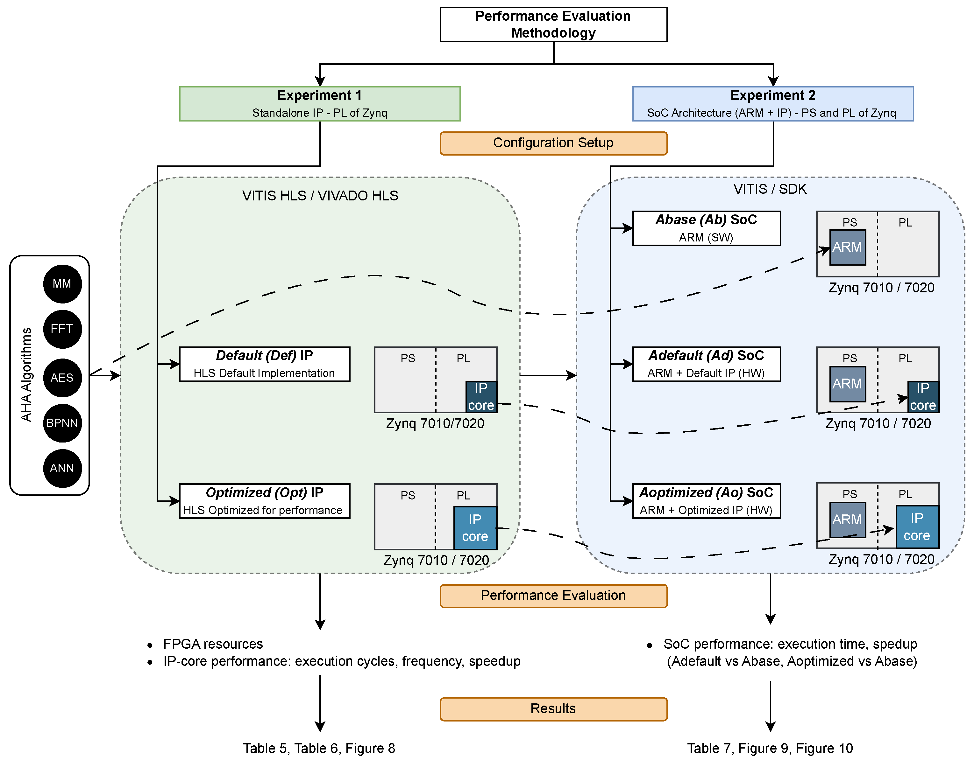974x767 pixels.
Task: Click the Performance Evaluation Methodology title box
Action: click(553, 25)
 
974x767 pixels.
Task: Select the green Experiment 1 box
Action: click(320, 104)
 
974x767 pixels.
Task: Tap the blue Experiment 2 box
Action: click(773, 104)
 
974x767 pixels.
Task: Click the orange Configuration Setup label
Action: click(553, 143)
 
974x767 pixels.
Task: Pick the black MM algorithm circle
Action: click(62, 284)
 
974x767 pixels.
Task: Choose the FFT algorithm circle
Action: click(62, 329)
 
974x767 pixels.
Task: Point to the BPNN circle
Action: click(62, 423)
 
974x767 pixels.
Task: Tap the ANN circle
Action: click(62, 468)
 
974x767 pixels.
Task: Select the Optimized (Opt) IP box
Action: click(264, 501)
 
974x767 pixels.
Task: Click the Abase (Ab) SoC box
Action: click(706, 228)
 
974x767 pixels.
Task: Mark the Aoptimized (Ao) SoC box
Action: click(706, 501)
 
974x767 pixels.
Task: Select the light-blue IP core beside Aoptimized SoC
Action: click(917, 527)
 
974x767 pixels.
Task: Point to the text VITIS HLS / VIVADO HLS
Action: click(320, 196)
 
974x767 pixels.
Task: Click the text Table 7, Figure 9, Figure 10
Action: click(770, 749)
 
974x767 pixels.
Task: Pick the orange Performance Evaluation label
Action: click(553, 596)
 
